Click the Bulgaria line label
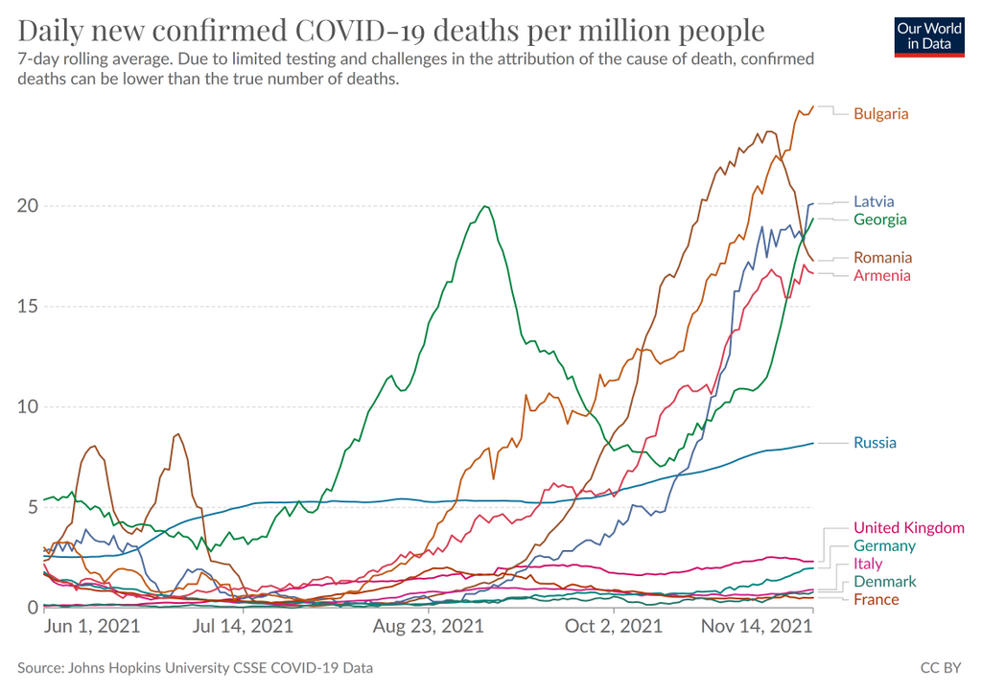(880, 114)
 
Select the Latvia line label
(874, 202)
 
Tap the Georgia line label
(879, 220)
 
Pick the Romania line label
(882, 258)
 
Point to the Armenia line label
(881, 276)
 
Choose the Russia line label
(875, 443)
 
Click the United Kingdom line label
(908, 528)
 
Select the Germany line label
(884, 546)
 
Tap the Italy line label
(867, 564)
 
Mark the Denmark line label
(884, 582)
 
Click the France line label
(876, 600)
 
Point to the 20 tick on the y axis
(27, 206)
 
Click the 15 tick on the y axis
(27, 307)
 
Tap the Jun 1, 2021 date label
(92, 627)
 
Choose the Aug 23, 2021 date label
(428, 627)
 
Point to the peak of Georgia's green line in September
(486, 206)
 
